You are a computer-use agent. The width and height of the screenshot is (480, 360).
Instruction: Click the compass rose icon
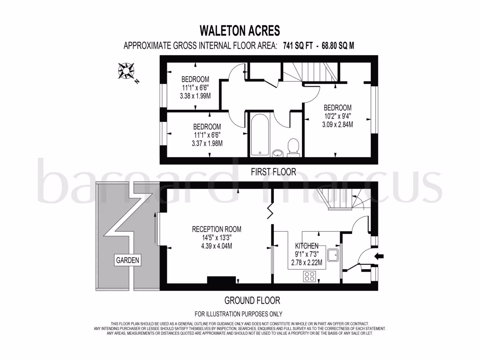click(126, 71)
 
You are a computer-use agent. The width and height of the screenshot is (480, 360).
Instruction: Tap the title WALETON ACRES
click(240, 31)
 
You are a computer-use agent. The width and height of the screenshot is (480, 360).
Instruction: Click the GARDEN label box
click(128, 260)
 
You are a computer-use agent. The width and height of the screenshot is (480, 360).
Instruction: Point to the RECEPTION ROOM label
click(217, 229)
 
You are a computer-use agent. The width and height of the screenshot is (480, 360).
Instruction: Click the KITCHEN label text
click(307, 246)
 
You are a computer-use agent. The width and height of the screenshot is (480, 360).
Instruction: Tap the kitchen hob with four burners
click(310, 276)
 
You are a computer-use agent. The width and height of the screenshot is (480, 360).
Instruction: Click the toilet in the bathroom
click(294, 146)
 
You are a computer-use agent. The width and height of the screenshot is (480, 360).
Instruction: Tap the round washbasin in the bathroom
click(277, 152)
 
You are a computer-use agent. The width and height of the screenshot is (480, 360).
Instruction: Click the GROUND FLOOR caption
click(253, 300)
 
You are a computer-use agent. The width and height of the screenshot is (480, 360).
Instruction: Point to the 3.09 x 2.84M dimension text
click(337, 124)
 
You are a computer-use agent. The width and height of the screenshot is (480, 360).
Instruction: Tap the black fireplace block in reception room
click(221, 280)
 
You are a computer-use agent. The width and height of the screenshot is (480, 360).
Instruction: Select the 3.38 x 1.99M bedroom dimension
click(195, 96)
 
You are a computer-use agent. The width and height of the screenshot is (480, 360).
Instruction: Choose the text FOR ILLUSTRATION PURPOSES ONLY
click(239, 314)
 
